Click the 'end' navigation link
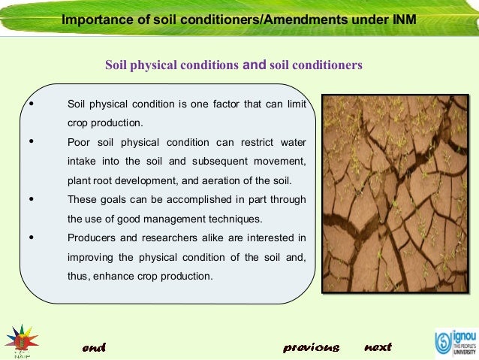[x=94, y=347]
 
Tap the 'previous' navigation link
[x=312, y=347]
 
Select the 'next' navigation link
[x=378, y=347]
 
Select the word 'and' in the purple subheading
[x=255, y=65]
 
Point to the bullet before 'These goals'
[x=30, y=200]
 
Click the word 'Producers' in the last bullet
[x=90, y=238]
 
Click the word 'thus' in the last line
[x=77, y=277]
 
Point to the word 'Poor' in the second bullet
[x=78, y=142]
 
